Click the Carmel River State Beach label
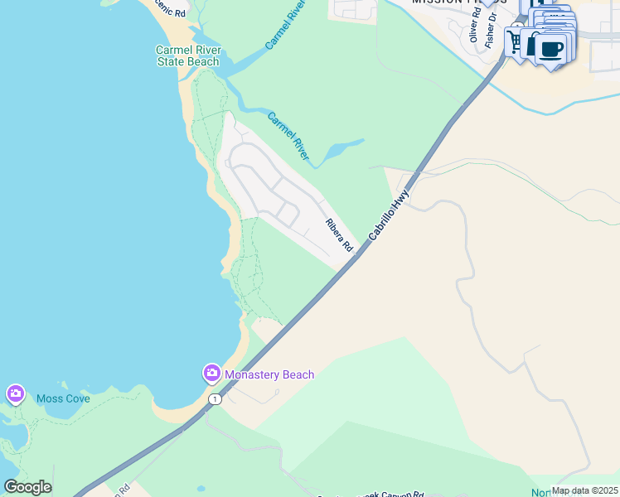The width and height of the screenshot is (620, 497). pos(188,55)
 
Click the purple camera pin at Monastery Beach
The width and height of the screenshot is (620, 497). pos(211,374)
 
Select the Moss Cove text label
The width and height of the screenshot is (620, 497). pos(63,398)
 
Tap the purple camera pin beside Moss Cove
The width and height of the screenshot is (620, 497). pos(15,393)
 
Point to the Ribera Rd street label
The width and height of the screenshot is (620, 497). pos(339,235)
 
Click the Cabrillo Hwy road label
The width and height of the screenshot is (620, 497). pos(390,215)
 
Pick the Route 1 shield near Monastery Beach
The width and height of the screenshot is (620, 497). pos(216,399)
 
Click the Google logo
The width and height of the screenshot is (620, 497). pos(27,487)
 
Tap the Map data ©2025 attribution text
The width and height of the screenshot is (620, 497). pos(584,490)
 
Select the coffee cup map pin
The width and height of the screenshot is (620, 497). pos(552,48)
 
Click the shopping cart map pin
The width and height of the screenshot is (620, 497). pos(516,41)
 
